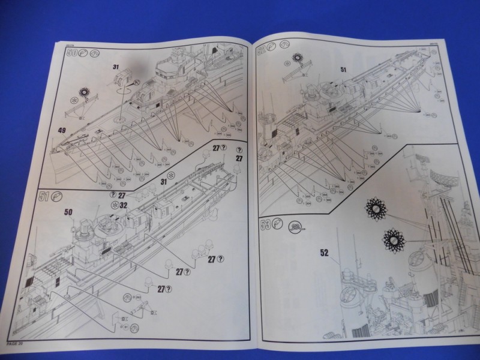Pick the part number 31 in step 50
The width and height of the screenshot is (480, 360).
click(116, 67)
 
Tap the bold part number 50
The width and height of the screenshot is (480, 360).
click(68, 212)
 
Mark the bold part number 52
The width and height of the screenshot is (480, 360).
click(325, 252)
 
